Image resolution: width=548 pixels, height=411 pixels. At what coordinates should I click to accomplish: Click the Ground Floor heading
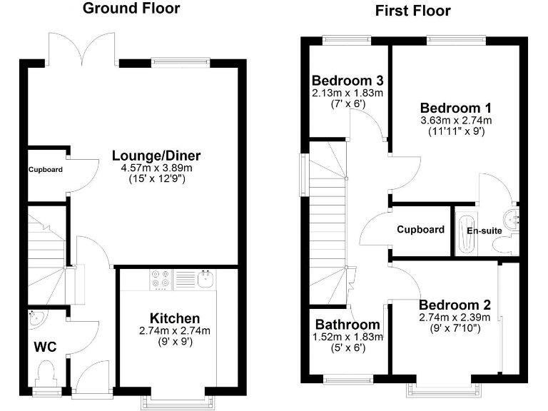131,9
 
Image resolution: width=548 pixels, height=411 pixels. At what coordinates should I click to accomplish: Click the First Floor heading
412,11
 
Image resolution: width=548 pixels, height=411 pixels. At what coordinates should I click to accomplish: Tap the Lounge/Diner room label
156,156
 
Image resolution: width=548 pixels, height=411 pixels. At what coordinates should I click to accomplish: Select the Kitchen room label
174,318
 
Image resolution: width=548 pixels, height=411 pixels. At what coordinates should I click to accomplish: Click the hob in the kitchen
161,279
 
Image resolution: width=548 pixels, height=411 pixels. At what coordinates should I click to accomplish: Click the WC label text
45,348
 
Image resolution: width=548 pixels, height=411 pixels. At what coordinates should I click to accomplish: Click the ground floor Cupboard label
46,170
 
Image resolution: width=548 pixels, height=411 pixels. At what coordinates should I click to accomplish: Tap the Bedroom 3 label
347,81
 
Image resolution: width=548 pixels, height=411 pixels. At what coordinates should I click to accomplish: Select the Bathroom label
347,325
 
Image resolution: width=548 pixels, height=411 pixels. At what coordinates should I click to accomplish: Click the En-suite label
484,230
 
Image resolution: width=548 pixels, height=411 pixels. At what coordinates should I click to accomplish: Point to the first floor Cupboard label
421,230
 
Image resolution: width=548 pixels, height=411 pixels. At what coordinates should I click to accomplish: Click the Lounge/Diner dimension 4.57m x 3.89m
156,168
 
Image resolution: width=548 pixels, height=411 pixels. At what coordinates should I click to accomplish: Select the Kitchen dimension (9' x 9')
174,341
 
